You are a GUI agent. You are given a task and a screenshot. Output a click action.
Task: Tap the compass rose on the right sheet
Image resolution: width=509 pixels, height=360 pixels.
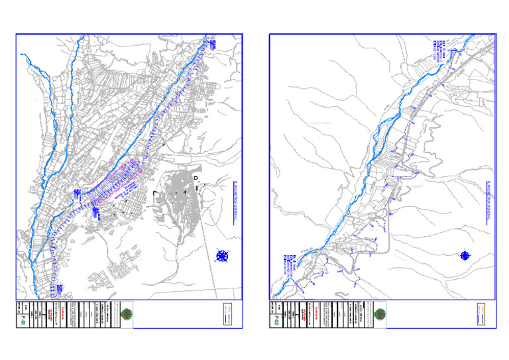click(x=465, y=255)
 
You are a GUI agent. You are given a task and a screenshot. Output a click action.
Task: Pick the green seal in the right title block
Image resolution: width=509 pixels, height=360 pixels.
click(x=380, y=314)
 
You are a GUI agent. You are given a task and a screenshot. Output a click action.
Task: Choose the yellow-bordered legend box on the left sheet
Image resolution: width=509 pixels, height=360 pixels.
click(x=227, y=313)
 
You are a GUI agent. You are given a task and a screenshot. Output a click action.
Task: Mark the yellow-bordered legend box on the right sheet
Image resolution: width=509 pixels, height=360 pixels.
click(x=482, y=314)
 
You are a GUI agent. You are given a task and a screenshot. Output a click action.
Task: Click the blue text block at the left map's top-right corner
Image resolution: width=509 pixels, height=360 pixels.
click(x=213, y=45)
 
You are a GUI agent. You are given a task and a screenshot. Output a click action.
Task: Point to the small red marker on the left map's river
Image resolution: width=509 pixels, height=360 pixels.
click(x=51, y=150)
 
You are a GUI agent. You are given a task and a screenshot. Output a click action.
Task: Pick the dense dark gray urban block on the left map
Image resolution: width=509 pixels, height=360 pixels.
click(x=179, y=199)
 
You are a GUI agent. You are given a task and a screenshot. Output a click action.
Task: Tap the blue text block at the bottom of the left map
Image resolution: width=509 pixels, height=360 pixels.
click(x=60, y=290)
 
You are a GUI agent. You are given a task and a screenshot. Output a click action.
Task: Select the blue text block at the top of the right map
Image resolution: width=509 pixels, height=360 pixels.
click(x=437, y=50)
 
